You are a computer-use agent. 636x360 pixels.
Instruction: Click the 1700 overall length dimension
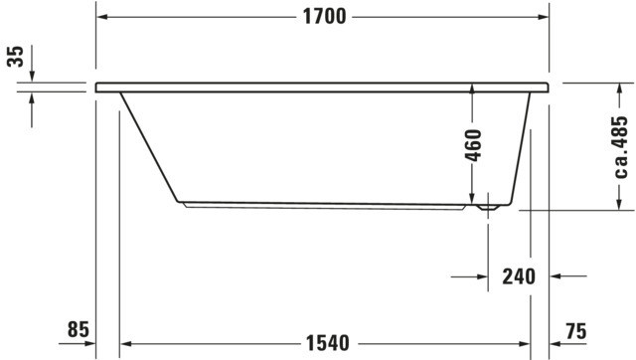pyautogui.click(x=325, y=17)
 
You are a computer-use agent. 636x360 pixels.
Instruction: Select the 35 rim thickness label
pyautogui.click(x=16, y=57)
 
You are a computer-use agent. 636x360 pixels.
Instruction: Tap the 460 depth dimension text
pyautogui.click(x=474, y=145)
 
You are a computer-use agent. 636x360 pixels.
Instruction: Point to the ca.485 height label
pyautogui.click(x=621, y=147)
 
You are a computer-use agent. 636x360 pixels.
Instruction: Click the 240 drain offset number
pyautogui.click(x=519, y=276)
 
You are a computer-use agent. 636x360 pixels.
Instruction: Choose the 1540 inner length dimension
pyautogui.click(x=327, y=343)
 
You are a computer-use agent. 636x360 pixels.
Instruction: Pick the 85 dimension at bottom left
pyautogui.click(x=78, y=329)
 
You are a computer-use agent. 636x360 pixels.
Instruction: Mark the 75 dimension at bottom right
pyautogui.click(x=576, y=331)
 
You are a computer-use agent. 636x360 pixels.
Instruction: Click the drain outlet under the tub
pyautogui.click(x=488, y=208)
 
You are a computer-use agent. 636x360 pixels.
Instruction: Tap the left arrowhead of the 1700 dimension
pyautogui.click(x=102, y=17)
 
